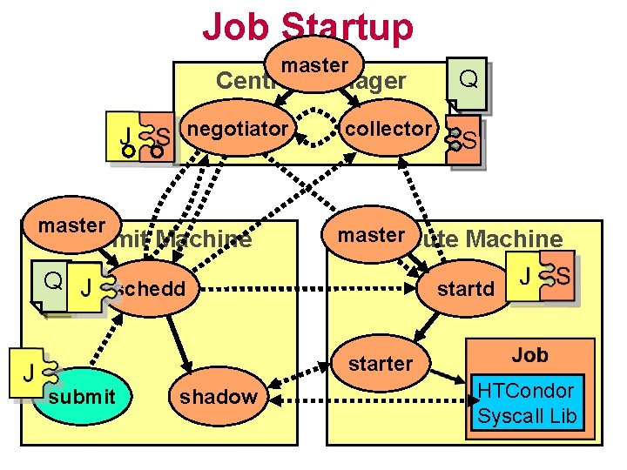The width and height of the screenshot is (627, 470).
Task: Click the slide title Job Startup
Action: pyautogui.click(x=307, y=26)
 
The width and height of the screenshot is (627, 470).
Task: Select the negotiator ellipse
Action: pyautogui.click(x=237, y=130)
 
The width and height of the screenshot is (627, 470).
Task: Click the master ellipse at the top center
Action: pyautogui.click(x=314, y=65)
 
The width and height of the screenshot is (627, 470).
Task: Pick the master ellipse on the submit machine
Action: pyautogui.click(x=71, y=225)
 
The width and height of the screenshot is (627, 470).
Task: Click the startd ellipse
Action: pyautogui.click(x=466, y=288)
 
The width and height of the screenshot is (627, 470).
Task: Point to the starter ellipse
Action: pyautogui.click(x=380, y=363)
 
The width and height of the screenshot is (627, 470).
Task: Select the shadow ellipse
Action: pyautogui.click(x=218, y=397)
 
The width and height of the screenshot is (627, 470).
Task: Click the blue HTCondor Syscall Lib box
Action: pyautogui.click(x=526, y=403)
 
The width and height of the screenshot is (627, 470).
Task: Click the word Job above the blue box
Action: pyautogui.click(x=529, y=354)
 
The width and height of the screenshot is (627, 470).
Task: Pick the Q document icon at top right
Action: pyautogui.click(x=468, y=82)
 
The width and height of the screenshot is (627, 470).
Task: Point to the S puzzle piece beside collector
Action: pyautogui.click(x=465, y=138)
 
